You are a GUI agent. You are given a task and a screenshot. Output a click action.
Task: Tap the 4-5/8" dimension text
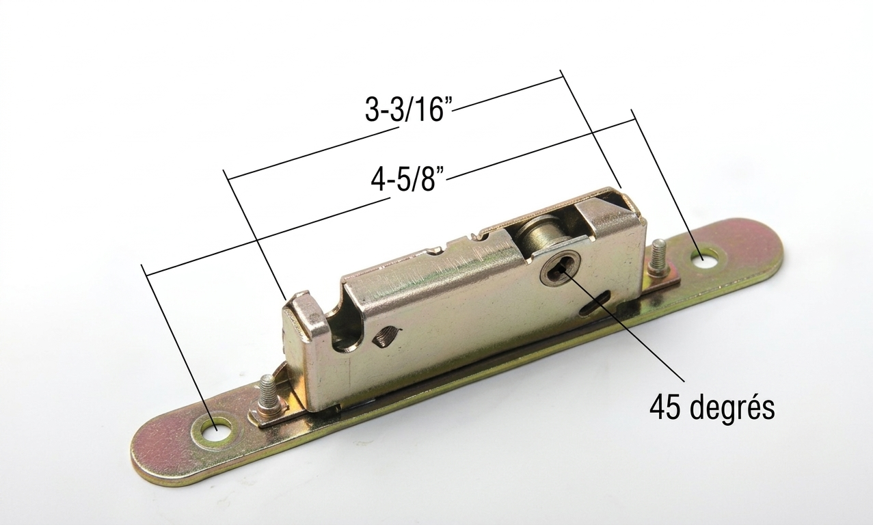click(x=408, y=179)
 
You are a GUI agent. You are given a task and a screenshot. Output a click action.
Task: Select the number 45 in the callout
click(x=665, y=407)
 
